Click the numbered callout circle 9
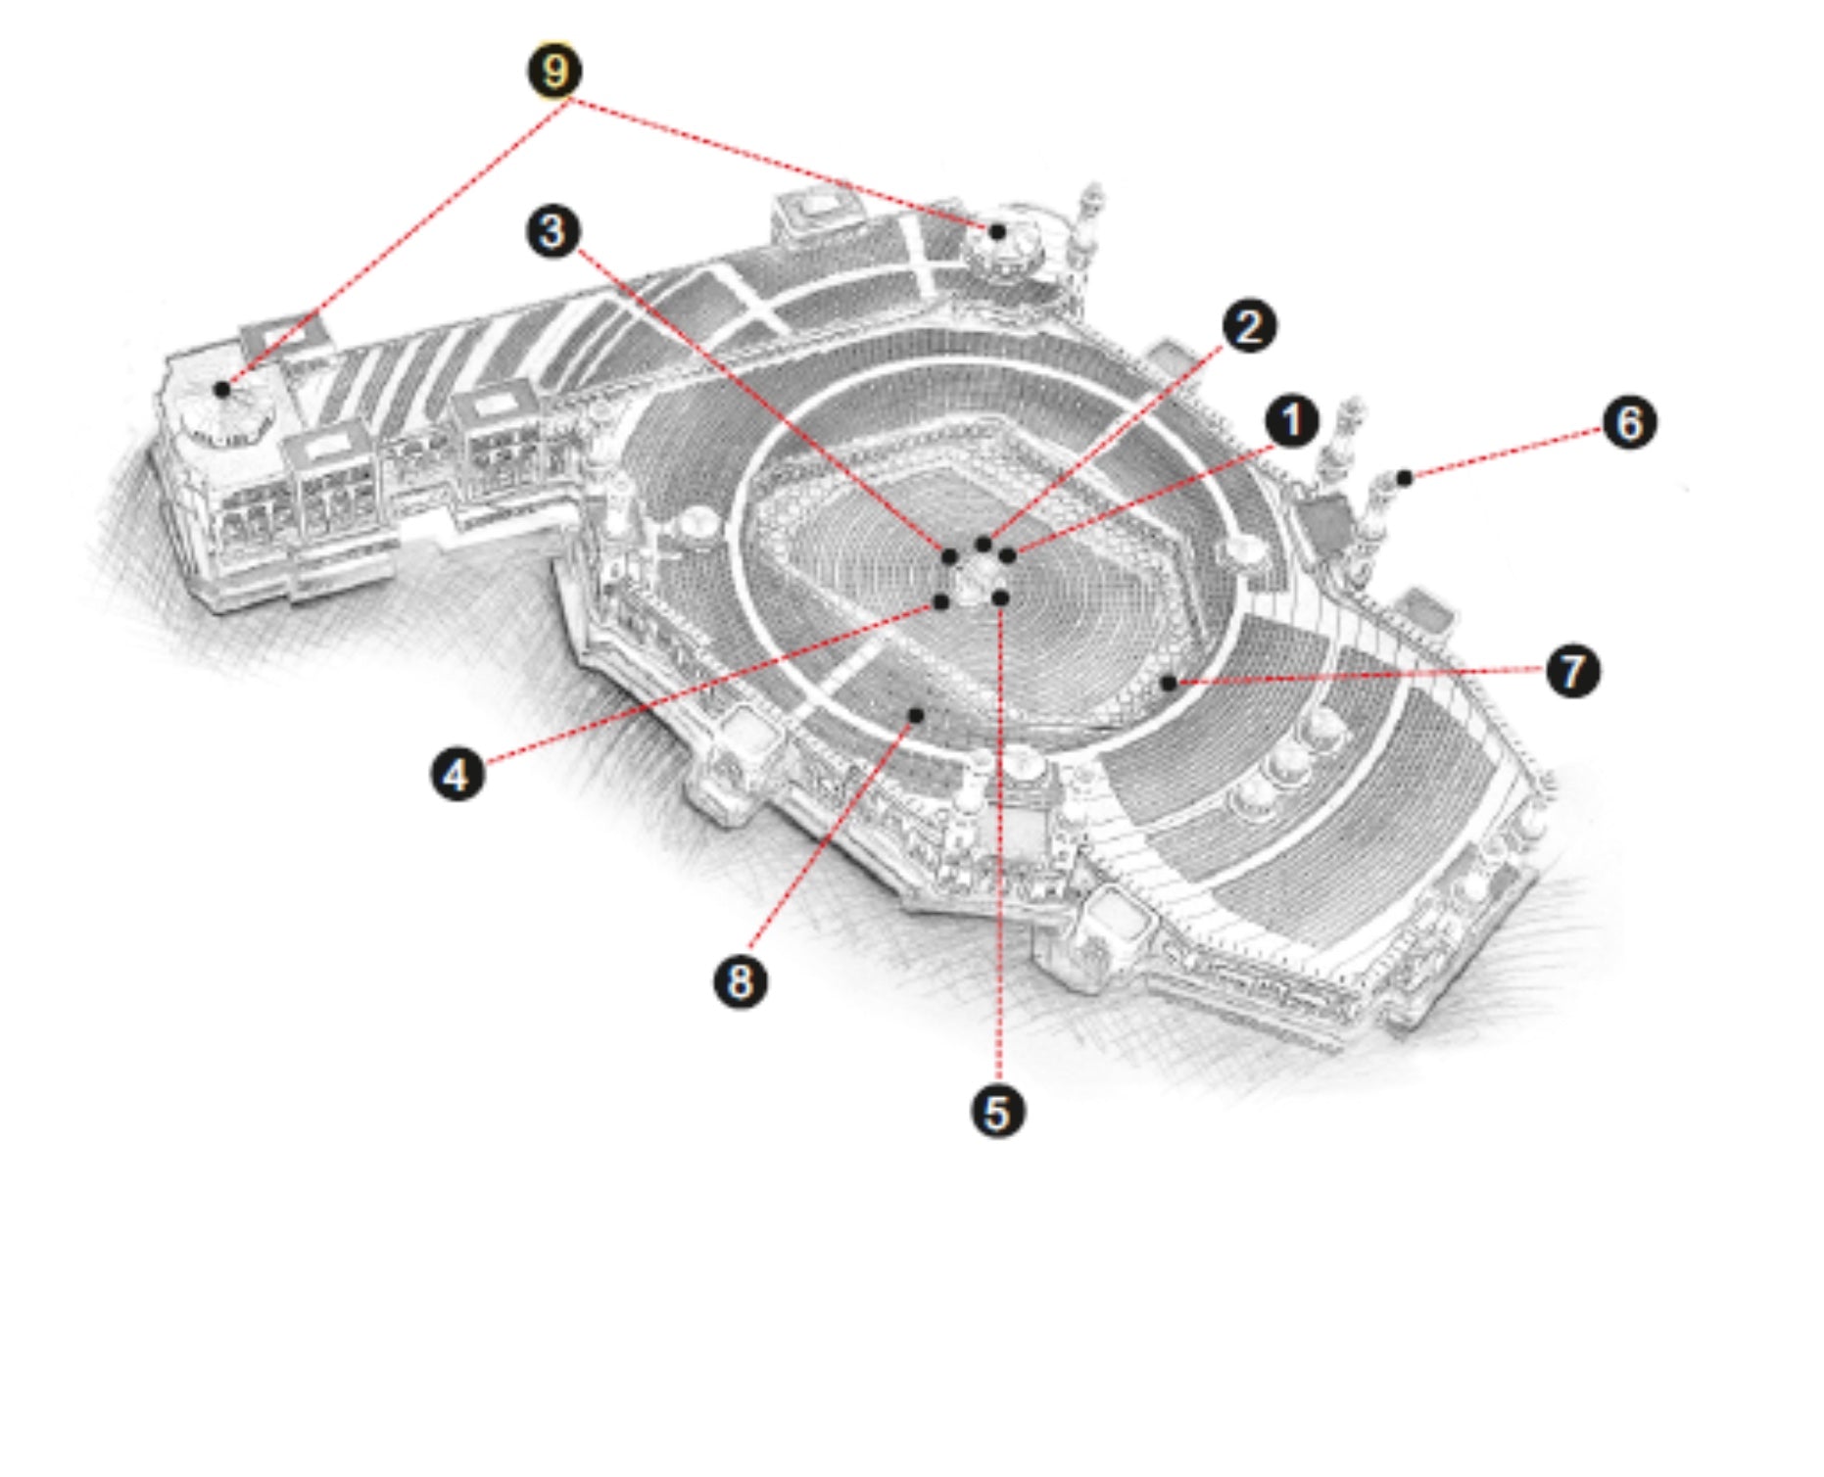554,71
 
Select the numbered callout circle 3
552,232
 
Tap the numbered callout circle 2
1248,326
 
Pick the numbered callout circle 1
1291,421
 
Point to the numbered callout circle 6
1629,423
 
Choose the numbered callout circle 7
1572,671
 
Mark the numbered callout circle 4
457,775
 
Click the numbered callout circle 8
740,980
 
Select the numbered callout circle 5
997,1113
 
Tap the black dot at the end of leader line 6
1404,478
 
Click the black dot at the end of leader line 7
1168,683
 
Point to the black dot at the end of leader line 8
916,715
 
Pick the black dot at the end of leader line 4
941,601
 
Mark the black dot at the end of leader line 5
1000,597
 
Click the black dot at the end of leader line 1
1007,555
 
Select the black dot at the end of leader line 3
948,556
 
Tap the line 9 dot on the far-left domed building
222,389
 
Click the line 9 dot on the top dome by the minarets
997,232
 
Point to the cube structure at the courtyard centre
975,578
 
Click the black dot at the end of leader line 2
984,544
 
